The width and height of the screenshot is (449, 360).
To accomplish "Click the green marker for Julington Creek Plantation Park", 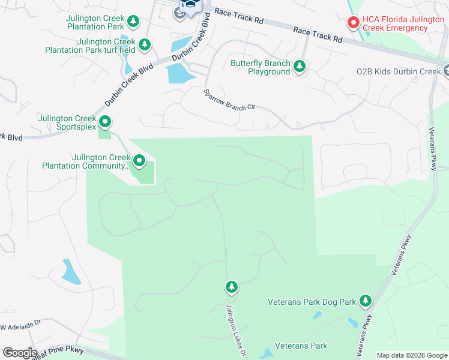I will pos(133,22).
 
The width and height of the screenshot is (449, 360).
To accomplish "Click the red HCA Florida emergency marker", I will pos(354,22).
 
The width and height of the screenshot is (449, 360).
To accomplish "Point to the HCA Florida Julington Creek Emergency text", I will pos(402,23).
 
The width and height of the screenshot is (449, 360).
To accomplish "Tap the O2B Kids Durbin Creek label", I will pos(399,71).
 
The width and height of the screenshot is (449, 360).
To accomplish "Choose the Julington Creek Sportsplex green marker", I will pos(105,122).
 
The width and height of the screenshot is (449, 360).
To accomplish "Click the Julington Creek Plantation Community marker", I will pos(139,160).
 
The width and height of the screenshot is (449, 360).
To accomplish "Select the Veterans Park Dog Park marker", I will pos(365,301).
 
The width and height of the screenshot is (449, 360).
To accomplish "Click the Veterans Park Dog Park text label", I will pos(312,302).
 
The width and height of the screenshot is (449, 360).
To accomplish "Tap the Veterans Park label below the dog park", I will pos(301,346).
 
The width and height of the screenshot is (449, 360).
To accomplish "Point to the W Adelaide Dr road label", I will pos(20,328).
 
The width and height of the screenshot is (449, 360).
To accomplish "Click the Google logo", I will pos(20,352).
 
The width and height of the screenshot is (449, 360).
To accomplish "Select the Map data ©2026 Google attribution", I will pos(411,355).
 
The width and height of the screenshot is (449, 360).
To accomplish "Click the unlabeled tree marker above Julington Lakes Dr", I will pos(232,287).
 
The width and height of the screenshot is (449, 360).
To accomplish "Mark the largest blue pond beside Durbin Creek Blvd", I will pos(178,73).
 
